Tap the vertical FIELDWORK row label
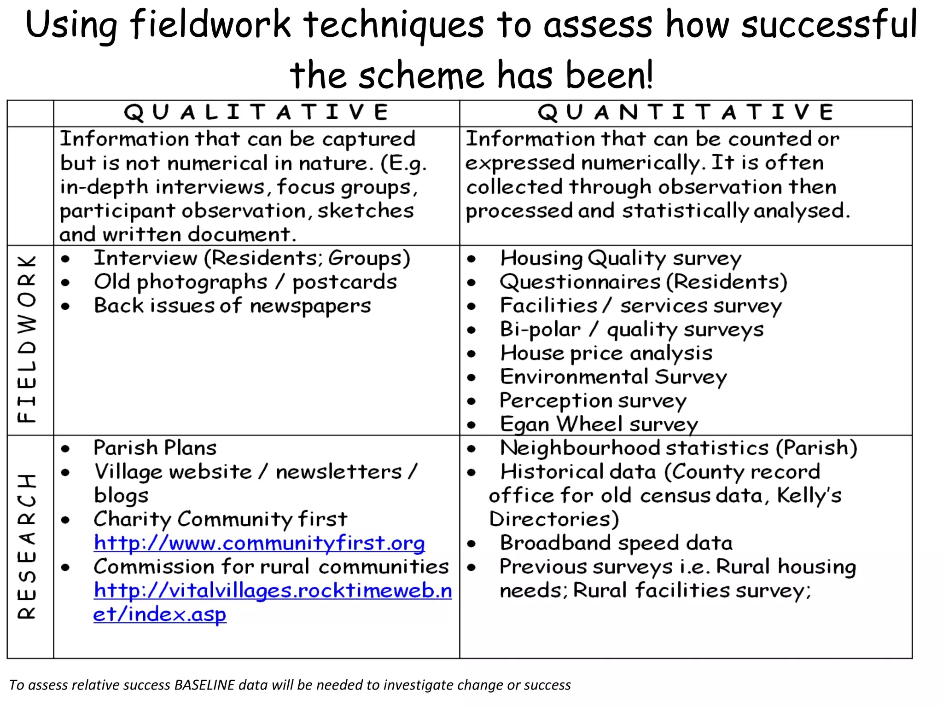[27, 339]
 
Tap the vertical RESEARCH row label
[27, 546]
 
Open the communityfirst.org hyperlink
[259, 544]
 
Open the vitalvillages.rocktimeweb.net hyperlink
[273, 591]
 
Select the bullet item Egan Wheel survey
[599, 424]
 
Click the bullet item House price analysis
[606, 353]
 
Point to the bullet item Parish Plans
[155, 448]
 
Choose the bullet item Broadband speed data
[616, 543]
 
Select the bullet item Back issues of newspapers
[232, 306]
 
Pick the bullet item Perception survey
[593, 401]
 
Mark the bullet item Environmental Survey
[613, 377]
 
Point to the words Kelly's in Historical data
[809, 496]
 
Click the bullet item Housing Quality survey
[621, 258]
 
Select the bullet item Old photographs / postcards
[245, 282]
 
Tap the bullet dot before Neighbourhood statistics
[471, 449]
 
